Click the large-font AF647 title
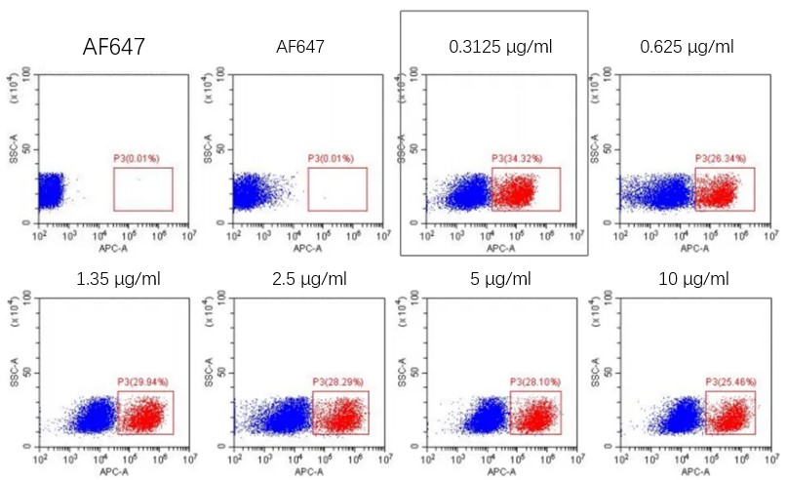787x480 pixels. tap(115, 46)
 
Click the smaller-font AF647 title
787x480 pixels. tap(300, 46)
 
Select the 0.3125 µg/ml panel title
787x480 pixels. tap(493, 46)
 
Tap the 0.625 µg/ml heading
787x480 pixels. tap(687, 46)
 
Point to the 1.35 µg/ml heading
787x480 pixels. tap(119, 279)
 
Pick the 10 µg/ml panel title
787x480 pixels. tap(693, 279)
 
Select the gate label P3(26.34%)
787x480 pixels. tap(721, 158)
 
